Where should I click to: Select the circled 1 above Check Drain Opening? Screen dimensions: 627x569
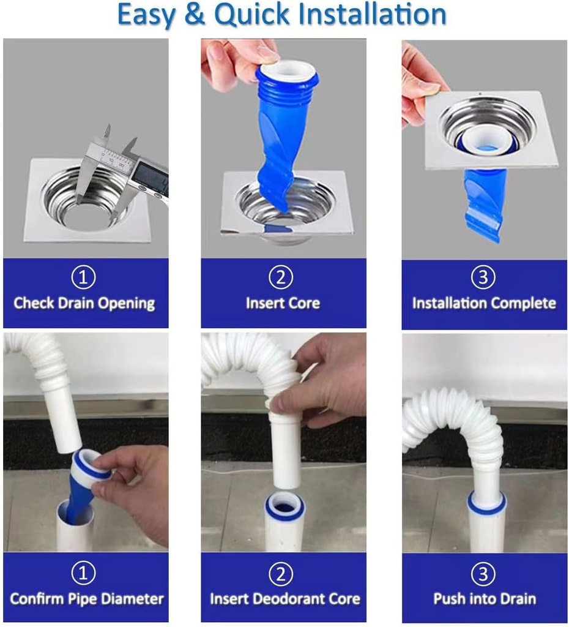click(x=84, y=278)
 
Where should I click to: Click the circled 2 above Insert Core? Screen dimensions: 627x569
click(x=282, y=278)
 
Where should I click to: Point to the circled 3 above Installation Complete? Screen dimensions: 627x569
click(x=483, y=278)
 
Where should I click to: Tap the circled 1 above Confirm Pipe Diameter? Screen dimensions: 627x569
click(x=84, y=573)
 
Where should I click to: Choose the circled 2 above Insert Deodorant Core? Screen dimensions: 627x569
click(x=282, y=573)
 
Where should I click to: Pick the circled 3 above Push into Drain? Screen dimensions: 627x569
click(x=483, y=573)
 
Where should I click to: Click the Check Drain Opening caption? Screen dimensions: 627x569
click(x=84, y=303)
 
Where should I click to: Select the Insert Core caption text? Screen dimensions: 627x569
click(x=283, y=303)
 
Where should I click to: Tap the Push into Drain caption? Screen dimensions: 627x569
click(x=484, y=598)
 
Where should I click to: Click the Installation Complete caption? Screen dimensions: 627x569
click(x=484, y=303)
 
